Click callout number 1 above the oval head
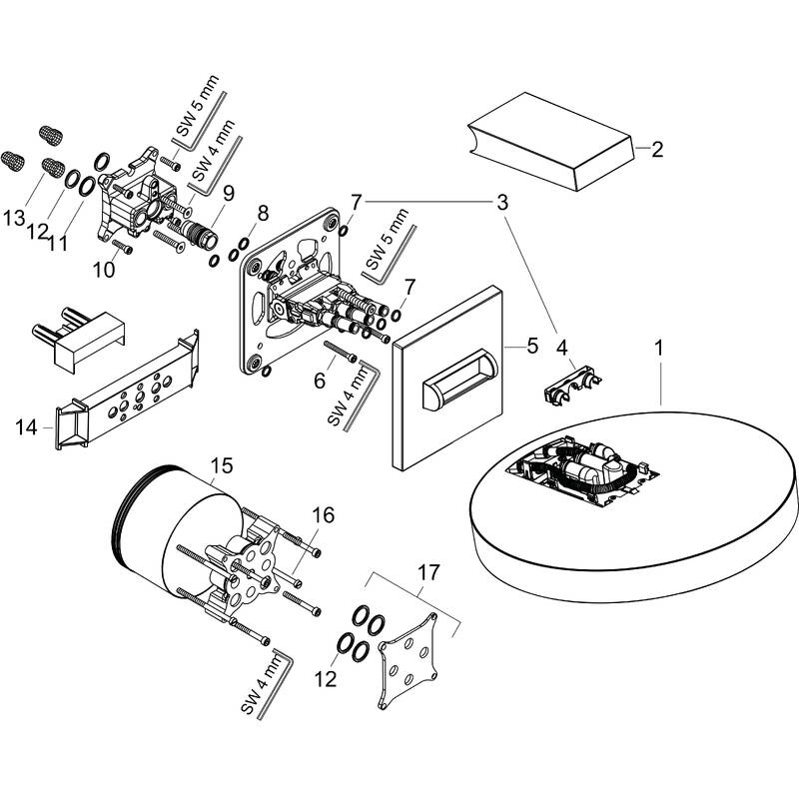click(658, 351)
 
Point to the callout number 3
click(502, 202)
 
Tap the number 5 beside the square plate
click(531, 346)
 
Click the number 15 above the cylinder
click(222, 465)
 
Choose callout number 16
click(321, 514)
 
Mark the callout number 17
click(427, 572)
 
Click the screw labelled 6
click(341, 354)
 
